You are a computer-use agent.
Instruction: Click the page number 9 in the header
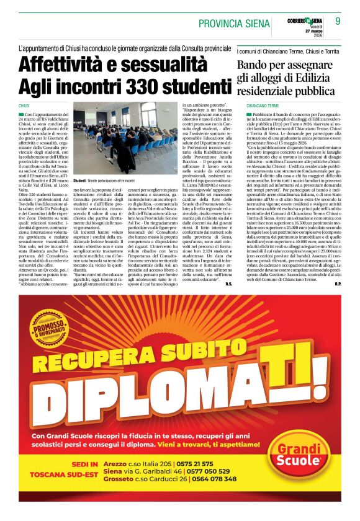point(338,21)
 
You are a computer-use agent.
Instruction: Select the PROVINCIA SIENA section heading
point(234,23)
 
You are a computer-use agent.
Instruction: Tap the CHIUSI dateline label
point(24,106)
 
